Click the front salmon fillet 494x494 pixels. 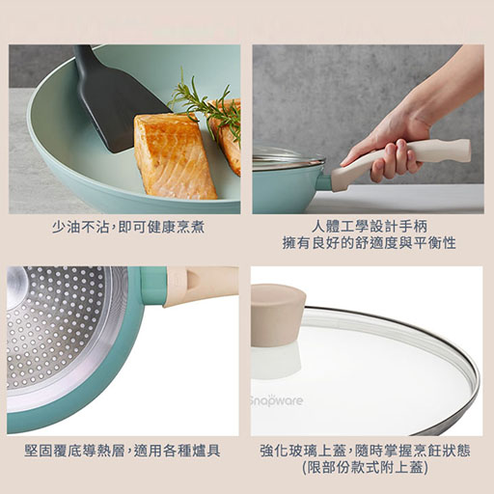tap(175, 157)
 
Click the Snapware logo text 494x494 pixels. tap(277, 400)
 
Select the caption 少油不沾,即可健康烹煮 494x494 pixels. tap(128, 228)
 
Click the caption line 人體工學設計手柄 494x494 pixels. tap(369, 226)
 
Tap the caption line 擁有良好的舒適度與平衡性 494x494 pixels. tap(369, 242)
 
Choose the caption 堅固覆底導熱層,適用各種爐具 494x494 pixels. tap(123, 451)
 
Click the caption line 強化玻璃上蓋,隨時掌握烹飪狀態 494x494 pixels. tap(365, 451)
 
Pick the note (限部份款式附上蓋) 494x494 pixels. tap(365, 467)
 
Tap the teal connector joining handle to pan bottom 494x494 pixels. tap(153, 286)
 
